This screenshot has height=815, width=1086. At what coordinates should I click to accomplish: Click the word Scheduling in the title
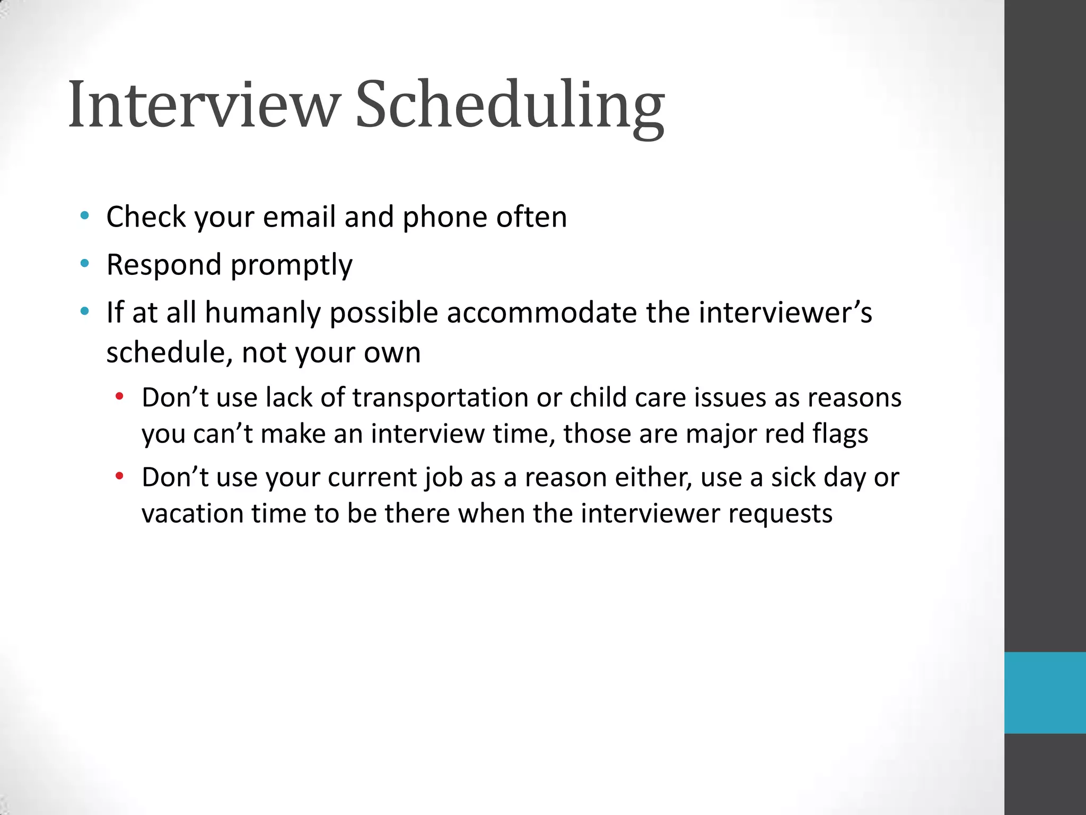tap(509, 105)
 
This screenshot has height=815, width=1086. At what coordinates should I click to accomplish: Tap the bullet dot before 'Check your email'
tap(84, 216)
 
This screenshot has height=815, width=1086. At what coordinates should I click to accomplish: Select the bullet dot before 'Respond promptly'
tap(84, 264)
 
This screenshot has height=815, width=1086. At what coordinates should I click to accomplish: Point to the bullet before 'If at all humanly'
tap(84, 311)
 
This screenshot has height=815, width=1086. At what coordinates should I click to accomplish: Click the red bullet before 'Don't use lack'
tap(120, 396)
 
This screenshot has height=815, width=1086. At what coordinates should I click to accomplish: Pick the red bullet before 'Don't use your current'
tap(120, 476)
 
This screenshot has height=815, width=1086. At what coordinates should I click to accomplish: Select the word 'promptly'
tap(291, 265)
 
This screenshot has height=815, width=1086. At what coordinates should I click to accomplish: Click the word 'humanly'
tap(263, 313)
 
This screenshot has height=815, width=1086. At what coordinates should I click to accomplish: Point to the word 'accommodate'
tap(541, 313)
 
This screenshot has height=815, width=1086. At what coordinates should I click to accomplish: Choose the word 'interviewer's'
tap(785, 313)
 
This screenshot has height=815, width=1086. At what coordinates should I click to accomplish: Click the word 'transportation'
tap(440, 398)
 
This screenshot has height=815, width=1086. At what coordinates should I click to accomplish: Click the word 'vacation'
tap(192, 514)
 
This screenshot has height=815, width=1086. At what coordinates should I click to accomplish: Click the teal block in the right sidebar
tap(1045, 693)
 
